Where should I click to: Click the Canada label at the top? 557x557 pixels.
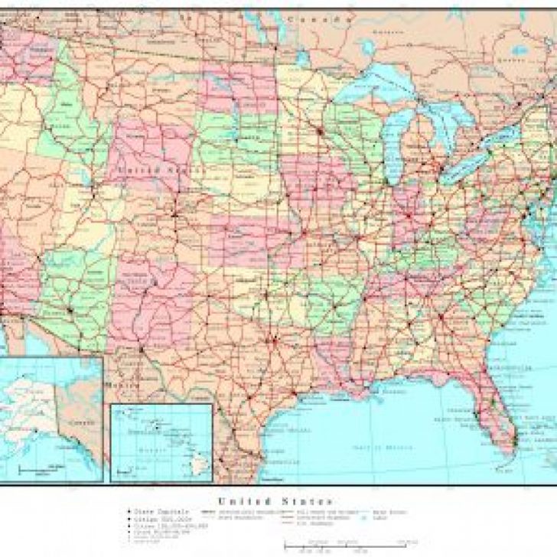pos(314,17)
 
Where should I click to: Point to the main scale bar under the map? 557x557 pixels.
pos(348,545)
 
